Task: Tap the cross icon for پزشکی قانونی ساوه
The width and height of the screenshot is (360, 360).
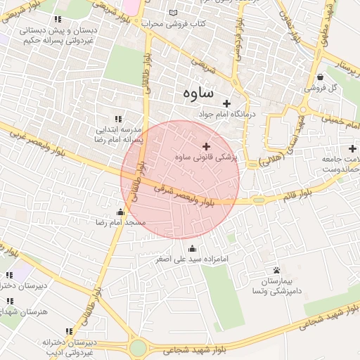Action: click(x=206, y=146)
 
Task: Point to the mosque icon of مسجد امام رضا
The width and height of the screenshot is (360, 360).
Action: click(x=120, y=212)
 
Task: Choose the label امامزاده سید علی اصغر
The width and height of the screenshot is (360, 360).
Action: click(x=193, y=259)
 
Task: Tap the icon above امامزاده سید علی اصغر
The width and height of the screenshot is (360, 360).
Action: click(x=193, y=248)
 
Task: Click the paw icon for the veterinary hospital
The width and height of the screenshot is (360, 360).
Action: click(x=276, y=270)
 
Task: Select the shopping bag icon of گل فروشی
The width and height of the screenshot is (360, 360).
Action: click(x=321, y=77)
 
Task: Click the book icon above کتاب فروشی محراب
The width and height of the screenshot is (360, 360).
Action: click(x=174, y=13)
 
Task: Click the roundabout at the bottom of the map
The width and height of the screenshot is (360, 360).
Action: click(x=138, y=347)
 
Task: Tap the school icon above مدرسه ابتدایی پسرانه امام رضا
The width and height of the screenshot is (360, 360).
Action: click(x=118, y=119)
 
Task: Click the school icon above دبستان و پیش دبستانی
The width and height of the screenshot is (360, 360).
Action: click(x=58, y=19)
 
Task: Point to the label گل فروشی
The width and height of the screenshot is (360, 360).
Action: click(x=321, y=89)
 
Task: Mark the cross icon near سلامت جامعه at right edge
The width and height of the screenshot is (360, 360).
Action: click(x=352, y=148)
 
